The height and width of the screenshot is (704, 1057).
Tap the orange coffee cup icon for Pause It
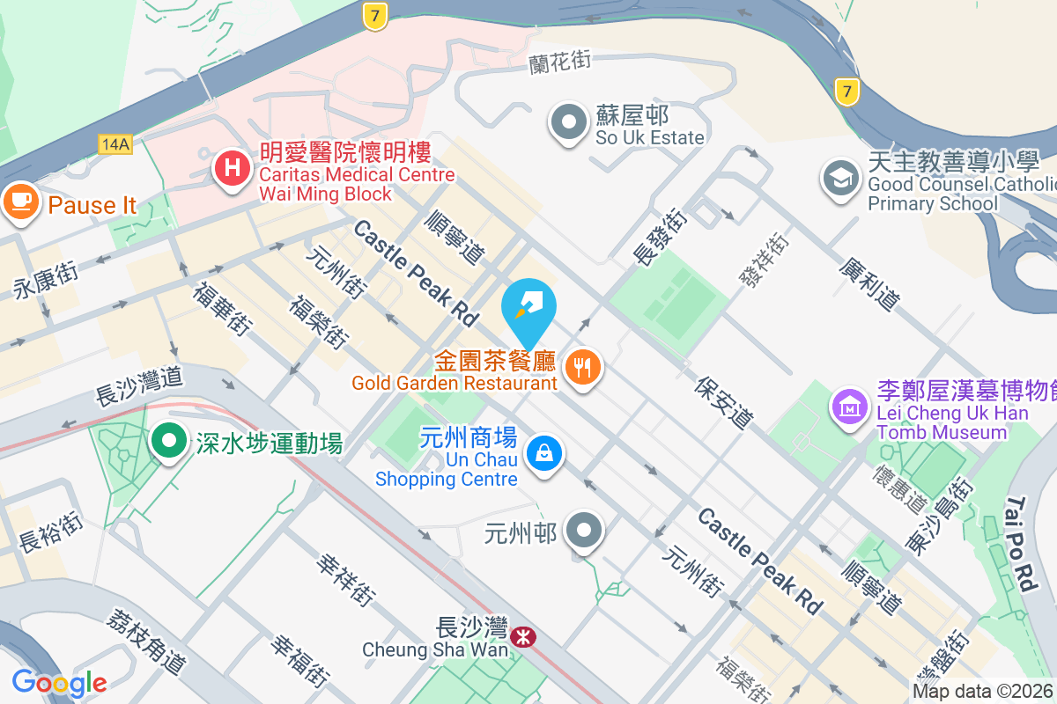click(19, 202)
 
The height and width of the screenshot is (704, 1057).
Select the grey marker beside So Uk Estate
click(569, 122)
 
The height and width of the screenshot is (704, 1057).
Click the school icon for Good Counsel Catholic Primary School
click(840, 179)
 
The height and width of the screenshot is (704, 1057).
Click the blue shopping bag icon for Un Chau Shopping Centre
click(544, 454)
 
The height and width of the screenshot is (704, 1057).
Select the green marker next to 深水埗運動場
click(167, 440)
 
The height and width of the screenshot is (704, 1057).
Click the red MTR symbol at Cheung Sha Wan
click(523, 637)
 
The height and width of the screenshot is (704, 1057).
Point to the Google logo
click(59, 683)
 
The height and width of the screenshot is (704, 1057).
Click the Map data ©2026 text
click(983, 691)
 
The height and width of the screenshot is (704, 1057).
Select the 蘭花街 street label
click(558, 62)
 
